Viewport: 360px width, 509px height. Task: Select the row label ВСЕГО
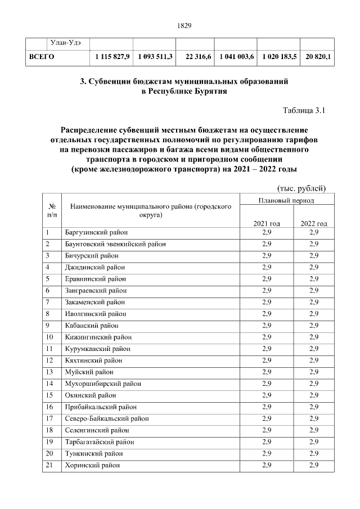tap(42, 57)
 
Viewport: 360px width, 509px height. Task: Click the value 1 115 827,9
tap(112, 57)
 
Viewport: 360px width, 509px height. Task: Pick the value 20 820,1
tap(318, 57)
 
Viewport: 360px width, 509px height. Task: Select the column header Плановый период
tap(286, 200)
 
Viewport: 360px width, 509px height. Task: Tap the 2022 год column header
tap(314, 223)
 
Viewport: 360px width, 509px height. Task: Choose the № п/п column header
tap(52, 210)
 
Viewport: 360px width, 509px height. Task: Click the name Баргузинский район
tap(96, 232)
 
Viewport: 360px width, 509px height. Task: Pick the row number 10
tap(49, 337)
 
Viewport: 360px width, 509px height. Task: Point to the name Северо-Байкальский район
tap(106, 418)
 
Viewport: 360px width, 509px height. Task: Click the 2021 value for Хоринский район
tap(267, 465)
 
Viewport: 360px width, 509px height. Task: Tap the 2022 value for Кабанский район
tap(314, 326)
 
